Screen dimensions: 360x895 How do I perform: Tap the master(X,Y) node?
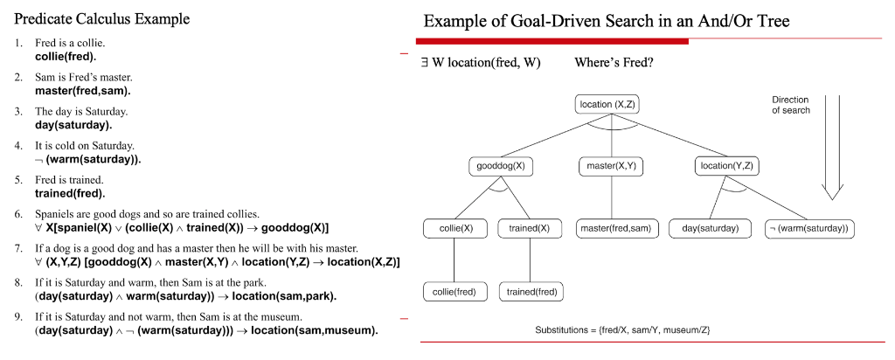point(611,166)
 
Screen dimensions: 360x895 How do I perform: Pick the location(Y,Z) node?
point(726,166)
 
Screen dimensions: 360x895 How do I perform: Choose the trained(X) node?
point(530,229)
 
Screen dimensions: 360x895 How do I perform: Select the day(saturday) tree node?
point(710,229)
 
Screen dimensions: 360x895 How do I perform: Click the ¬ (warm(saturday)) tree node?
point(809,229)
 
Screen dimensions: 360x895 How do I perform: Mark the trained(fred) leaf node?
point(532,292)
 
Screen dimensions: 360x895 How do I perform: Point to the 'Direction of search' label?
point(790,105)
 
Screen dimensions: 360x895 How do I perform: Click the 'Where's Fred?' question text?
point(614,64)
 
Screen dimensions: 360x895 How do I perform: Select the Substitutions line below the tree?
point(622,330)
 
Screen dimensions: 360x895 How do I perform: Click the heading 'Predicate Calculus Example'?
point(102,18)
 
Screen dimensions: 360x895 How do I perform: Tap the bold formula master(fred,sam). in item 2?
point(82,90)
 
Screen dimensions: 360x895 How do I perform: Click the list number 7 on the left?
point(18,249)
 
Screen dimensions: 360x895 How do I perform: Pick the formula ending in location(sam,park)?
point(185,296)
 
